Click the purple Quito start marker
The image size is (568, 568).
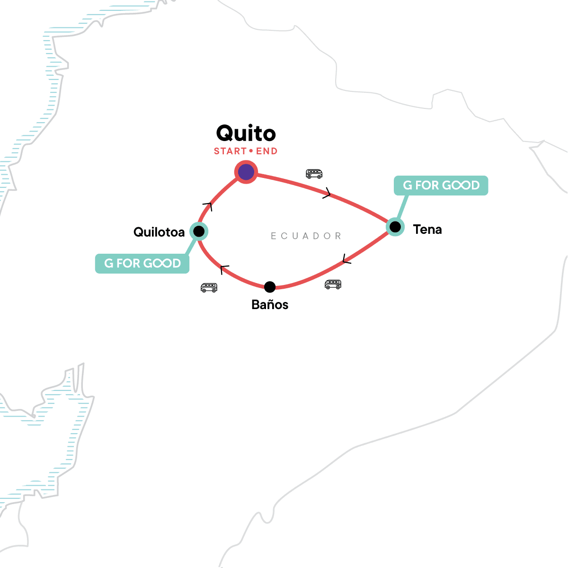point(246,172)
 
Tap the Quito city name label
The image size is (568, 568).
point(246,133)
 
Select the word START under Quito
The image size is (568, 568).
point(230,151)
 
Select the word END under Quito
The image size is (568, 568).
point(266,151)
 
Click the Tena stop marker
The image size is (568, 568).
point(395,227)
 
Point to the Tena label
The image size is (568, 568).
point(427,230)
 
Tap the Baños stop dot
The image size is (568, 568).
point(270,287)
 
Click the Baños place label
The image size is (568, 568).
point(270,305)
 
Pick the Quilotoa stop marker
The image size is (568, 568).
point(199,231)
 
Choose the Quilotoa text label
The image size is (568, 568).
point(159,232)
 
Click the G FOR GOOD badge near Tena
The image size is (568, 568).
point(441,186)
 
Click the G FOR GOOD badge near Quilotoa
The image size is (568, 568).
point(142,264)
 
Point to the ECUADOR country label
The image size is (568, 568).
point(306,236)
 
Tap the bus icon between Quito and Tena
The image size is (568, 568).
point(314,174)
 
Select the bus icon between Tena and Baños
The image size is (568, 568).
point(333,284)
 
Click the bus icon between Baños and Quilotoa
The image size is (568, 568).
point(209,287)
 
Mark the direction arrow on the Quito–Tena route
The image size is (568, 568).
point(327,194)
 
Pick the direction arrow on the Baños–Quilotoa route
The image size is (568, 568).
point(224,269)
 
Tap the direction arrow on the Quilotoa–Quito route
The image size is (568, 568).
point(208,206)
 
